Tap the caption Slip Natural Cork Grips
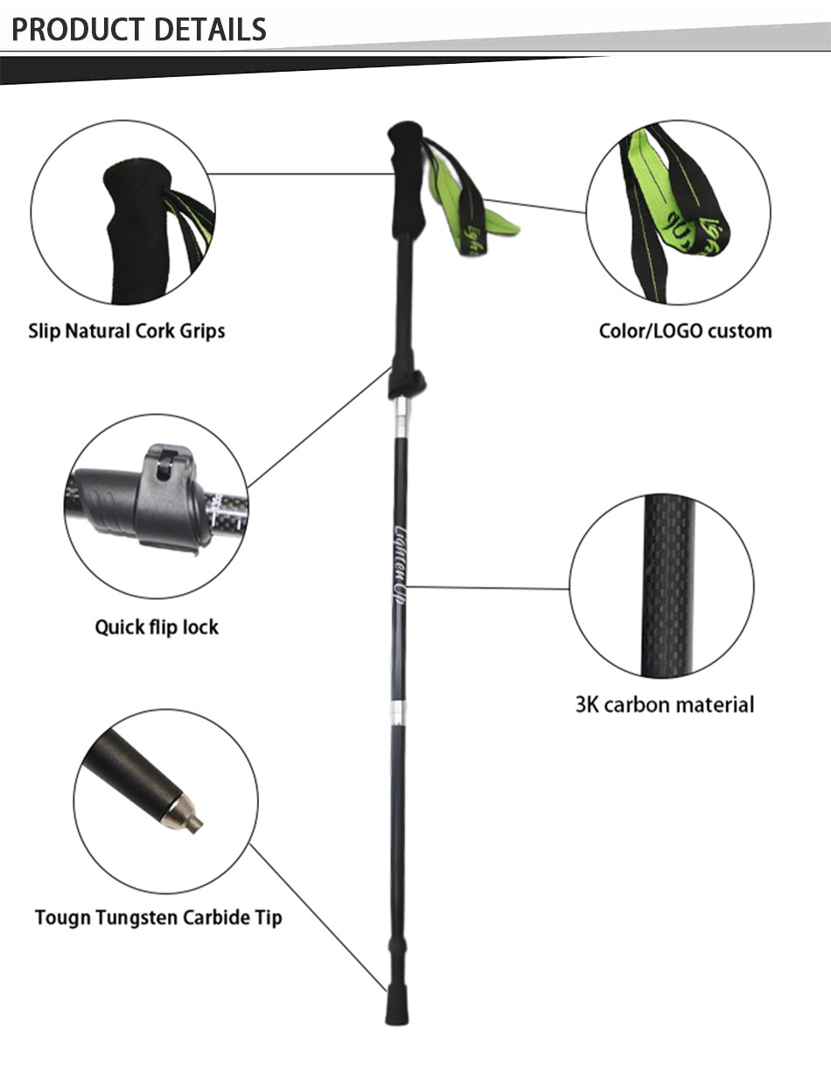tap(127, 331)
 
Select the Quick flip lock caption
tap(157, 627)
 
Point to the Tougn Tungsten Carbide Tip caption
tap(158, 918)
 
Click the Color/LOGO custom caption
tap(685, 331)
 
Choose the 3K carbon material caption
tap(664, 704)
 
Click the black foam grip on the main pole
tap(406, 179)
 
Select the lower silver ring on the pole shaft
tap(397, 712)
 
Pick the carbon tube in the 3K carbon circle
tap(667, 586)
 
